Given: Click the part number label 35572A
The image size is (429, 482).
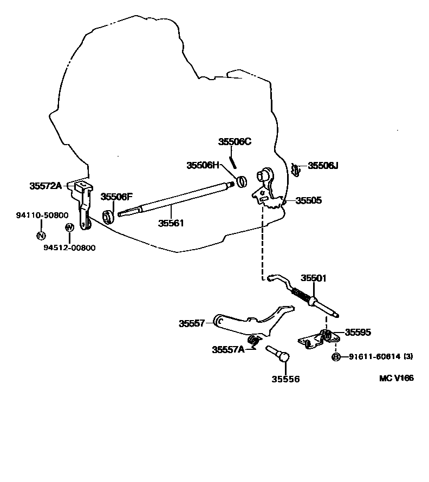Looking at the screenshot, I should pos(45,186).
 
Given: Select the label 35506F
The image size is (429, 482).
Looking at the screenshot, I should pos(116,197).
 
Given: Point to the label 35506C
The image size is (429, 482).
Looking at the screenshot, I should pos(235,142).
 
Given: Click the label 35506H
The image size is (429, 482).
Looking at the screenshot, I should pos(203,165).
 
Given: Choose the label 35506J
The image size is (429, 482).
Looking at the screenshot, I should pos(323,166).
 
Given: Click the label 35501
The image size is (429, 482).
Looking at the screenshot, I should pos(314,278).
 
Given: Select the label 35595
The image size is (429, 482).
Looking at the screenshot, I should pos(358,333).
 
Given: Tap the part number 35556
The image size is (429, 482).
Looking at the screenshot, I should pos(285,379).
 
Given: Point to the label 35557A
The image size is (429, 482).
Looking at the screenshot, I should pos(228,349).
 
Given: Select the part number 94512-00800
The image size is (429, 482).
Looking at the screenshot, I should pos(69,247).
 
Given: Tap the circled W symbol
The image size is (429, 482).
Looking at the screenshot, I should pos(69,227).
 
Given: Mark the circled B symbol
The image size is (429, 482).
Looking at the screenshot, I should pos(336,356).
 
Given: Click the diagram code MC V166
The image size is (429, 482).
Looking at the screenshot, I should pos(396,378).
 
